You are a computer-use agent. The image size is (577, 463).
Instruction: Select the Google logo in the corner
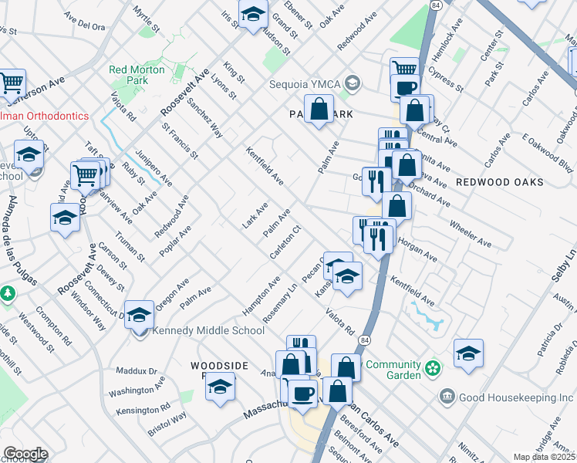click(x=25, y=454)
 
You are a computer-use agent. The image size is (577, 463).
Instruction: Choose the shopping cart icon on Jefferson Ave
click(x=11, y=83)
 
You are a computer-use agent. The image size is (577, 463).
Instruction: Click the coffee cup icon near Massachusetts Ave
click(x=302, y=393)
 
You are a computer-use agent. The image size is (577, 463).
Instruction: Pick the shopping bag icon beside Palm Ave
click(x=319, y=109)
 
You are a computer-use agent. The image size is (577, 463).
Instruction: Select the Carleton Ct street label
click(x=285, y=243)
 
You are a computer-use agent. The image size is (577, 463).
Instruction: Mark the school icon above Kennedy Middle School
click(x=139, y=314)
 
